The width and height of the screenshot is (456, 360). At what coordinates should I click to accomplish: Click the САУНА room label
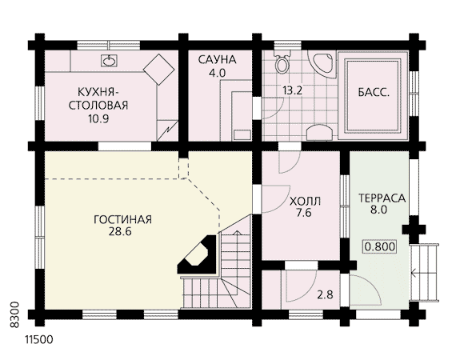(218, 60)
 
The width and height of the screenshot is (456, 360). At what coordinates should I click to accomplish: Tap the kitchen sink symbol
(109, 61)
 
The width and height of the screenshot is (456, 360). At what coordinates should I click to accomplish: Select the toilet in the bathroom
(282, 62)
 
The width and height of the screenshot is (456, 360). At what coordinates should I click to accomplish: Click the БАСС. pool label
(374, 93)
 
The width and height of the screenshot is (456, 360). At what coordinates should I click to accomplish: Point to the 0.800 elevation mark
(380, 246)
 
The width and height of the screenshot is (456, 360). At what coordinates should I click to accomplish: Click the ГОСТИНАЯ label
(122, 219)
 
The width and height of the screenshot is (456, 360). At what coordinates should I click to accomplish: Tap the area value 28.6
(120, 232)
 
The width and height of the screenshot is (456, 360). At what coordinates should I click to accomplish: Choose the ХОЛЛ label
(305, 202)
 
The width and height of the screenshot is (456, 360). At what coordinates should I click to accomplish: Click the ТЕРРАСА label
(382, 198)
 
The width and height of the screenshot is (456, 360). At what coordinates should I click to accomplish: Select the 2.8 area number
(325, 295)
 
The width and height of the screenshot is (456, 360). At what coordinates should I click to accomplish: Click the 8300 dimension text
(14, 315)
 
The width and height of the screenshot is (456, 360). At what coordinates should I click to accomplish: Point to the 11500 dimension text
(39, 340)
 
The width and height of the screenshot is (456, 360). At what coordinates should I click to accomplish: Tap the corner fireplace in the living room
(197, 255)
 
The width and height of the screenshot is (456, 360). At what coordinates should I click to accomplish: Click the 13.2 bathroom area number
(293, 90)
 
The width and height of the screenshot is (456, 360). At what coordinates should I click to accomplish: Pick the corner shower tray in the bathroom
(322, 64)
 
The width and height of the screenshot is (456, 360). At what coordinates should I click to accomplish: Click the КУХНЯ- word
(98, 92)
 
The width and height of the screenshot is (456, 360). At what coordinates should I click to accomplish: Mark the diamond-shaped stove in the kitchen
(159, 70)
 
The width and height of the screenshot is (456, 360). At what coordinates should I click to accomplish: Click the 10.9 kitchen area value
(98, 119)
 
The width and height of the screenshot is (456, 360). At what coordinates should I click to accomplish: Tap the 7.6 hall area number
(304, 213)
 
